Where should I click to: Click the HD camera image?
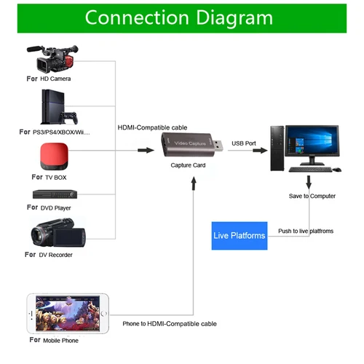coord(55,58)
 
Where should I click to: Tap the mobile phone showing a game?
coord(67,313)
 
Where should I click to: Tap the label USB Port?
coord(243,143)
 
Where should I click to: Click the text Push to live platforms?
coord(306,231)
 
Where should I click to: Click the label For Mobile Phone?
coord(55,340)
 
